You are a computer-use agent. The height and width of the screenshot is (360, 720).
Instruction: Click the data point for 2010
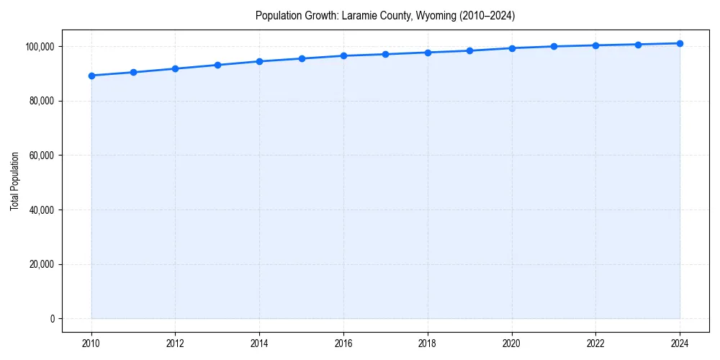pos(91,76)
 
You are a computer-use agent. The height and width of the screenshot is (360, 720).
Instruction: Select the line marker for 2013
pos(217,65)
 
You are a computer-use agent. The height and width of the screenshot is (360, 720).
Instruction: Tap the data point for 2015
pos(302,58)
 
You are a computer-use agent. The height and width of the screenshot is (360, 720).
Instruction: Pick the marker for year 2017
pos(386,54)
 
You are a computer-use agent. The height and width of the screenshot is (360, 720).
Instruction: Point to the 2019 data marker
pos(469,50)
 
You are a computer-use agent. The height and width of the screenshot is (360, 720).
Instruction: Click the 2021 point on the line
pos(554,46)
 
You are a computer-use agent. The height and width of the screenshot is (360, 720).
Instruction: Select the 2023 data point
pos(638,45)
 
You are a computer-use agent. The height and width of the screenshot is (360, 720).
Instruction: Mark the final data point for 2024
pos(680,43)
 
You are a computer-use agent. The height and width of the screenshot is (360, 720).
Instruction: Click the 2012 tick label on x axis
pos(175,343)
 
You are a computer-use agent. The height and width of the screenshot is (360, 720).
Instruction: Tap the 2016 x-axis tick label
pos(343,343)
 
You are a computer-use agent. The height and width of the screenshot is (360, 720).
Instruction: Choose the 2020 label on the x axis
pos(512,343)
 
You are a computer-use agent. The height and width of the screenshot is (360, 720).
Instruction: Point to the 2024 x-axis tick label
pos(680,343)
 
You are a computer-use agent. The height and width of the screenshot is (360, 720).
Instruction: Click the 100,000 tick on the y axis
pos(40,46)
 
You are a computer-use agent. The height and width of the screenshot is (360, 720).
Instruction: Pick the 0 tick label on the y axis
pos(53,319)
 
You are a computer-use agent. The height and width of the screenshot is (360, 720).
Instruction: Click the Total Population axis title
pos(14,181)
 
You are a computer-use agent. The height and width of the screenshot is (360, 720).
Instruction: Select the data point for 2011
pos(133,72)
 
